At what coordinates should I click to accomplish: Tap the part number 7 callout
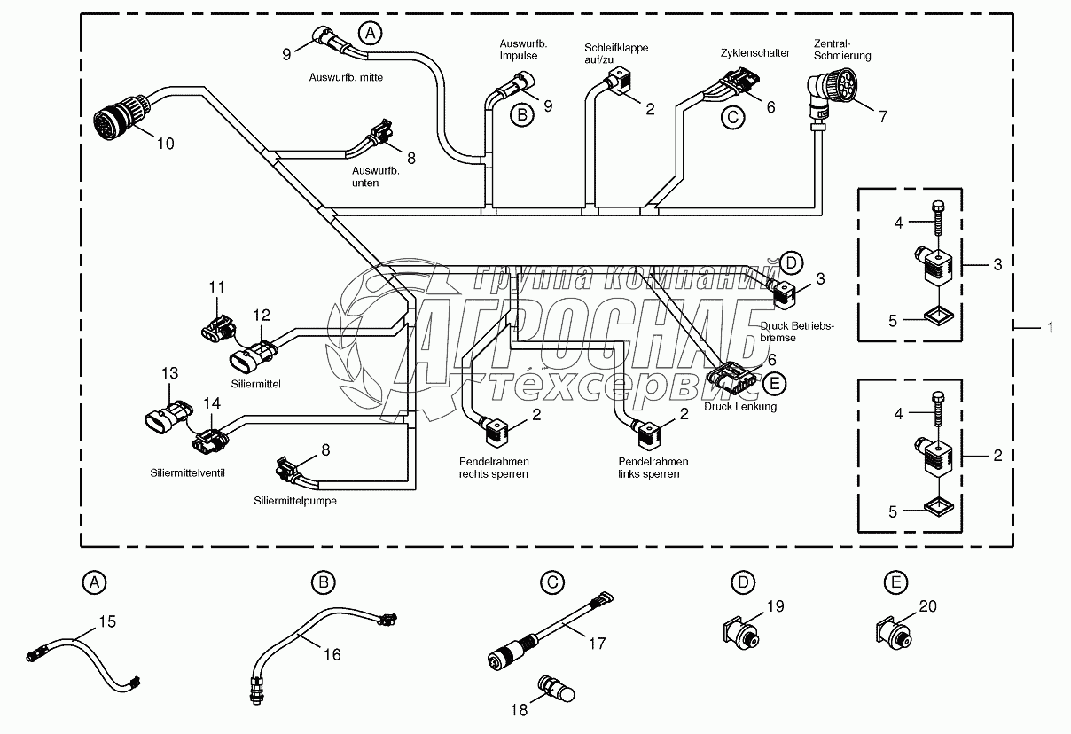click(883, 115)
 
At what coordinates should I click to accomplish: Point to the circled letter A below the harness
click(95, 582)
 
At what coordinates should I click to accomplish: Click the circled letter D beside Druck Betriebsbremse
click(792, 262)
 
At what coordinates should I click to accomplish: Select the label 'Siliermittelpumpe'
click(295, 500)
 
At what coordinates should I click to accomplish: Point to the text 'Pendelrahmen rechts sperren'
click(493, 467)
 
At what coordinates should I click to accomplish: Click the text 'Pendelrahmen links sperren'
click(653, 467)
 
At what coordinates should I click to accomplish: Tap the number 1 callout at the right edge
click(1051, 328)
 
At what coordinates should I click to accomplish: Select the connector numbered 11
click(215, 325)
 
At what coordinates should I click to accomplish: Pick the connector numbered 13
click(168, 416)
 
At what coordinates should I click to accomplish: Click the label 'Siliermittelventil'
click(187, 472)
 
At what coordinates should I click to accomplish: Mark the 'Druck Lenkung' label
click(740, 407)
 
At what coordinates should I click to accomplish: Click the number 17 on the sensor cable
click(598, 643)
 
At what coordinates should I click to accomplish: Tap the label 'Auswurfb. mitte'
click(345, 77)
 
